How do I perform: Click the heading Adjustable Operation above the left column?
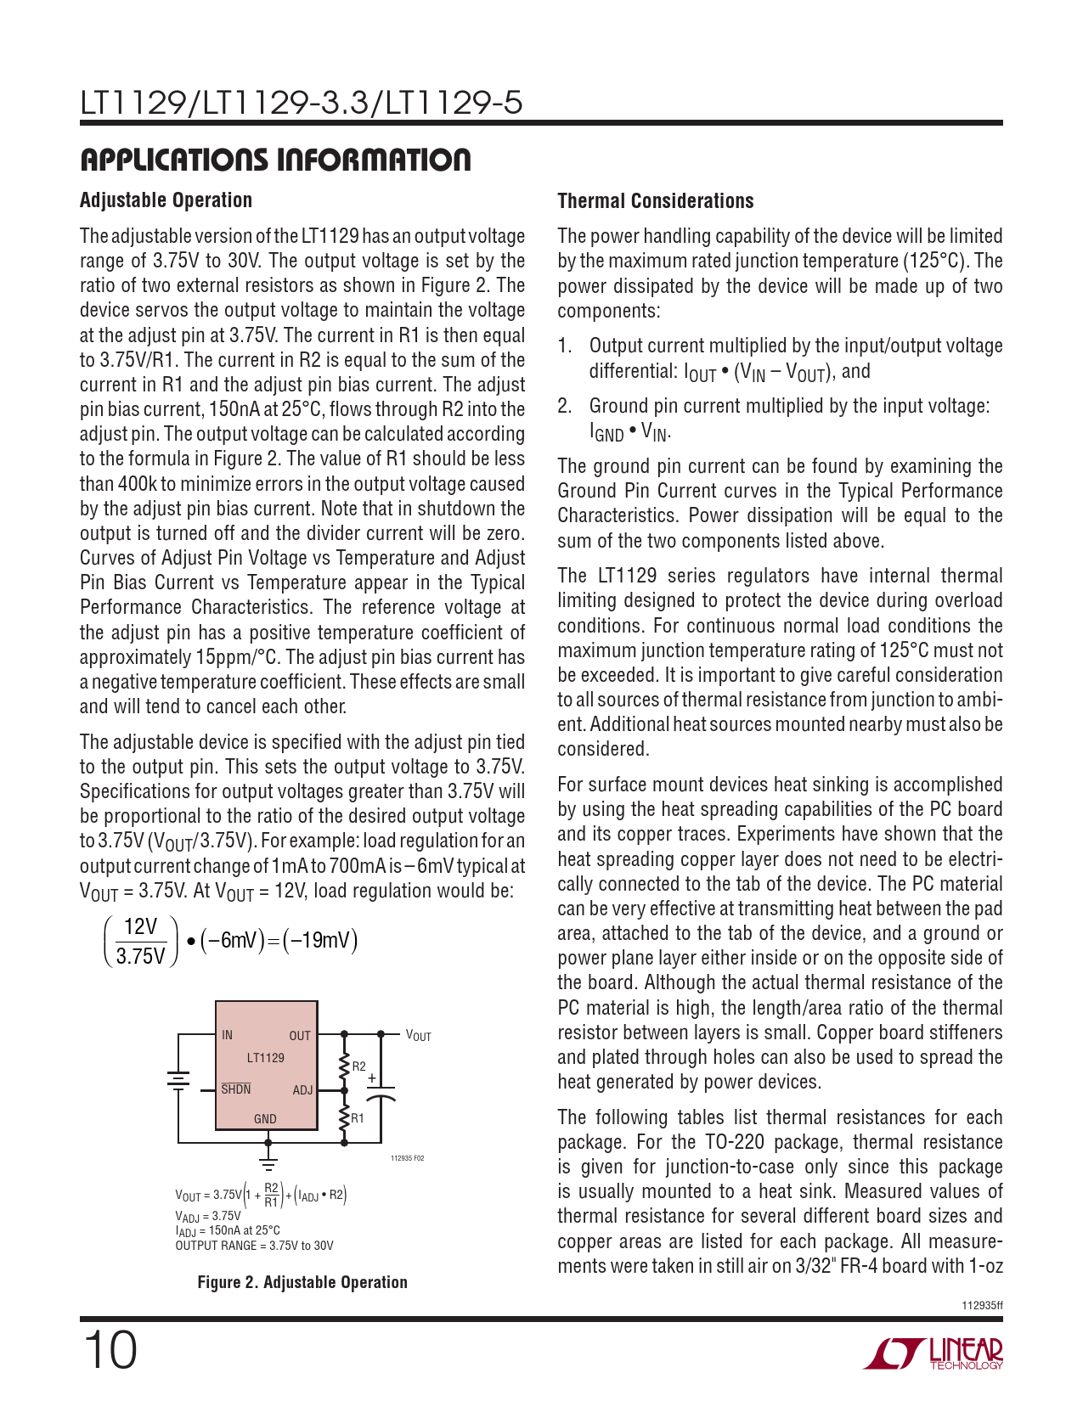166,200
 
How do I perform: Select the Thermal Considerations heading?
655,201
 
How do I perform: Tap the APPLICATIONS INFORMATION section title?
275,160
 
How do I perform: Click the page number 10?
110,1350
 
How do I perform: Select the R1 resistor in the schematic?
345,1118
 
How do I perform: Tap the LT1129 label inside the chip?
265,1058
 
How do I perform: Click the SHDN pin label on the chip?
236,1089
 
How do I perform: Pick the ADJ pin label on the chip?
302,1090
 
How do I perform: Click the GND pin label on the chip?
265,1119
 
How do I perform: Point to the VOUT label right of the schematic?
418,1036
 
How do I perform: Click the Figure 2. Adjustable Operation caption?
302,1282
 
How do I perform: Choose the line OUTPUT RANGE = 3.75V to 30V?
254,1246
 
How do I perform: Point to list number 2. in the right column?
565,406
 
